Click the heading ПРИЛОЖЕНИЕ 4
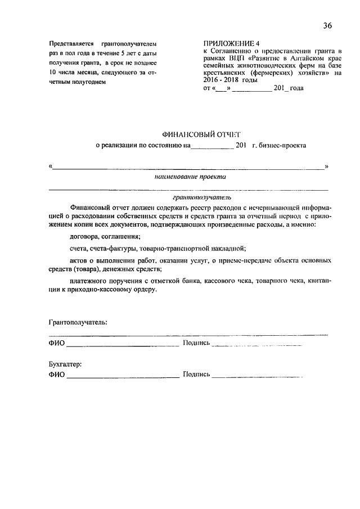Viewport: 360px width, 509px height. pos(231,43)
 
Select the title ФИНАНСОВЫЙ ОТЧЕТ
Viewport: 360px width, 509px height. pos(200,134)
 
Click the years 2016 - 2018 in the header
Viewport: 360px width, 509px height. pos(224,80)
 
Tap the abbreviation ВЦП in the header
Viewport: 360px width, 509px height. pos(238,58)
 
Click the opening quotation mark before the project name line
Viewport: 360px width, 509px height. pos(51,166)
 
